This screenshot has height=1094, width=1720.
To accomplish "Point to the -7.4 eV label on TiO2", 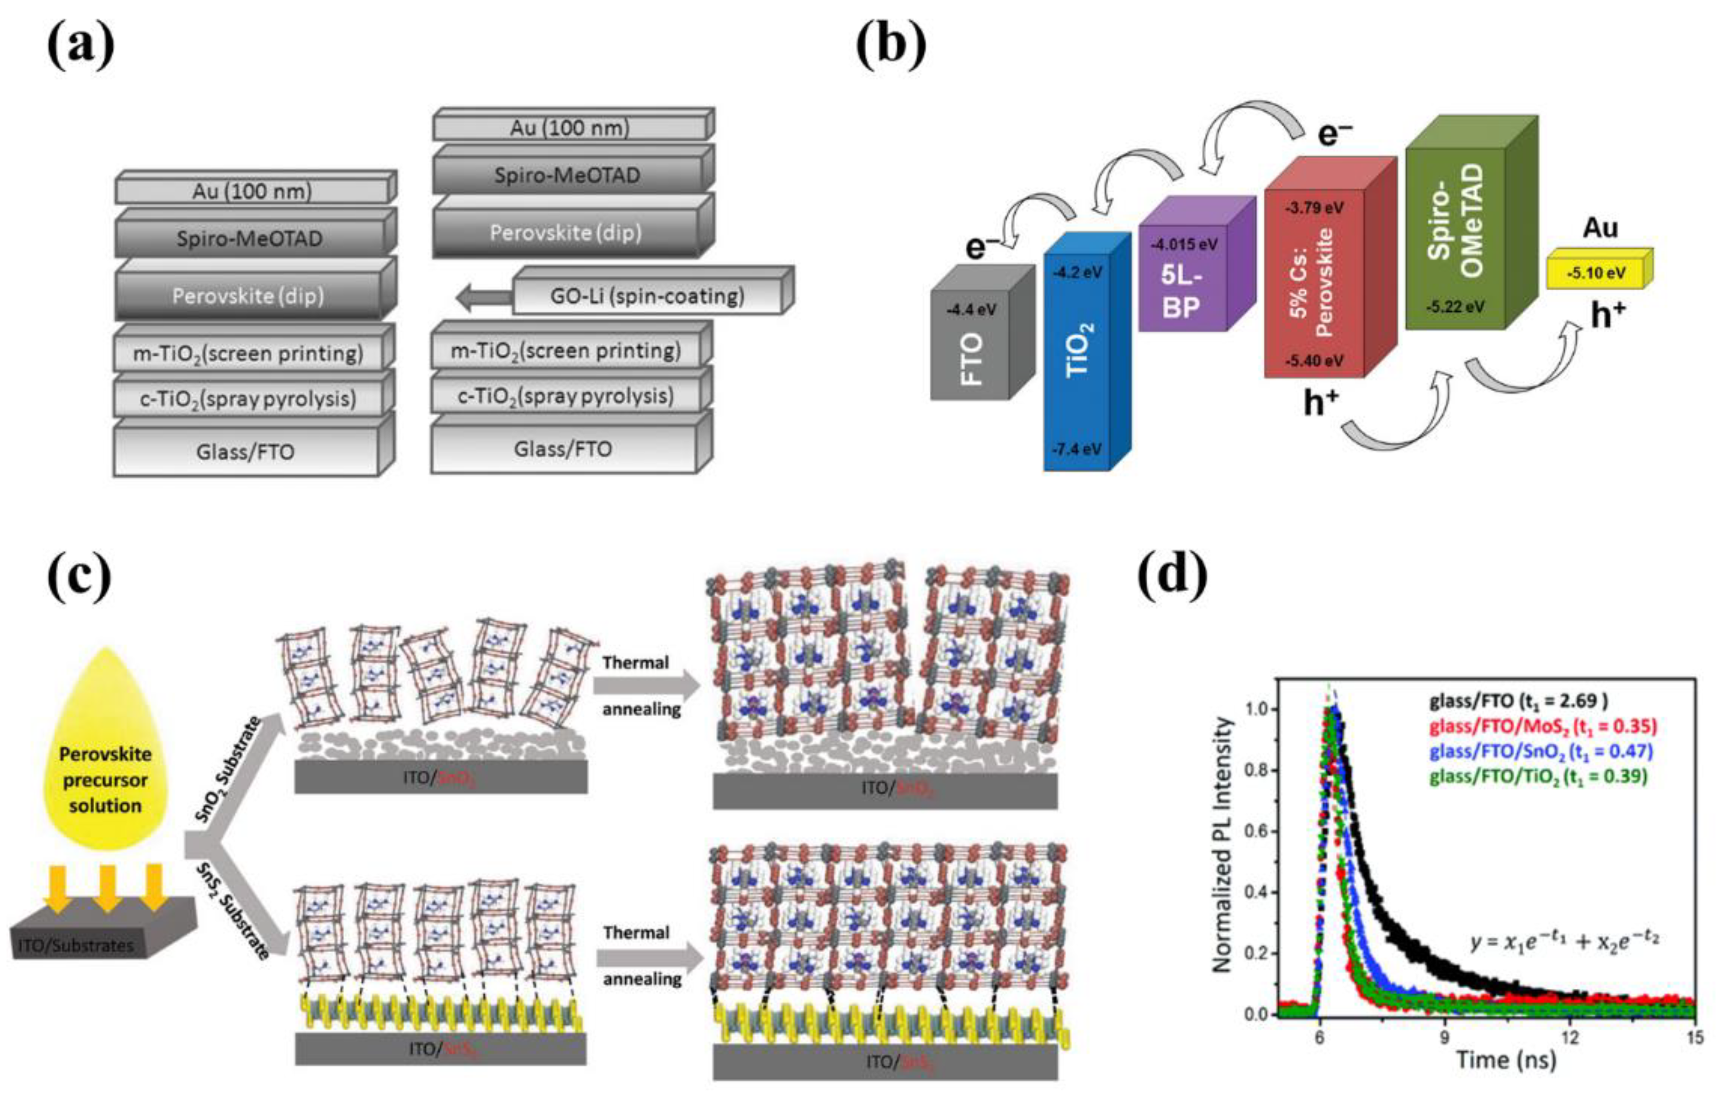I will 1077,449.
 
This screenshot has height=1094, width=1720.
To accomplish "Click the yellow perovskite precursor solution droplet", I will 105,757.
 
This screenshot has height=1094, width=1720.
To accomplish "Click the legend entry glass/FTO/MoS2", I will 1543,727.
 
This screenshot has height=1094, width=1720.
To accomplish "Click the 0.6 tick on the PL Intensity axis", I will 1259,831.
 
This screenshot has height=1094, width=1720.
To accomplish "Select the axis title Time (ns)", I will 1505,1060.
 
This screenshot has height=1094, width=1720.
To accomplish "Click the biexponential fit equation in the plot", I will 1564,941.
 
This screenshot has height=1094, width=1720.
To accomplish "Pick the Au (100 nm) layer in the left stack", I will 251,191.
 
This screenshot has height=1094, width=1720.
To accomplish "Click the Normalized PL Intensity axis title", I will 1223,845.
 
